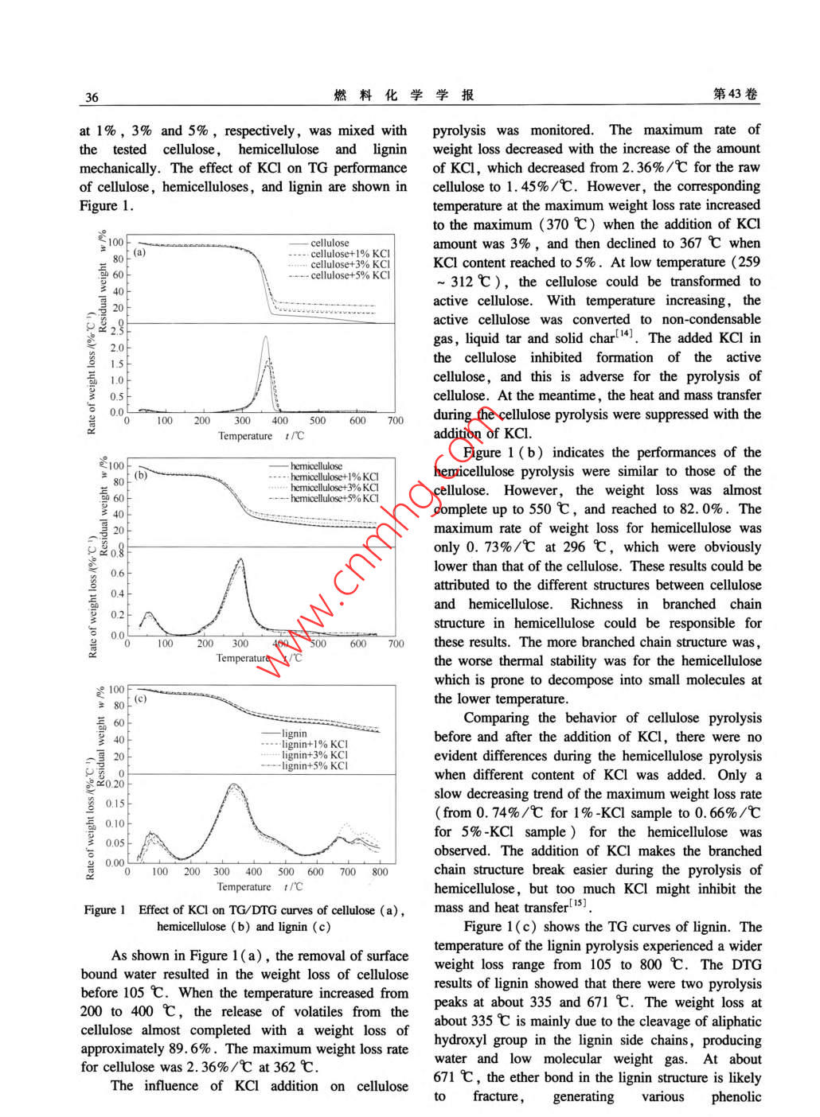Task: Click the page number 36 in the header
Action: (92, 97)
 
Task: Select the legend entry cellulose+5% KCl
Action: (349, 275)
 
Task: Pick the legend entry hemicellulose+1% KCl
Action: (334, 477)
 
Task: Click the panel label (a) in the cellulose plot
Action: (140, 252)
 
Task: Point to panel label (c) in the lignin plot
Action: (140, 699)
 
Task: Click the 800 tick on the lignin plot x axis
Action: (380, 872)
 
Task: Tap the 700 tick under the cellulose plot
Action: (396, 421)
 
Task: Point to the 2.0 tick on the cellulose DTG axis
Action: (117, 348)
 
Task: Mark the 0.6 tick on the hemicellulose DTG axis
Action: (117, 573)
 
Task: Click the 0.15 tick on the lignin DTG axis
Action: (115, 804)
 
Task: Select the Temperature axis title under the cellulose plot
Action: (245, 436)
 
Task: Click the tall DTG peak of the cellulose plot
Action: (266, 338)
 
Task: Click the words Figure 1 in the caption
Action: (105, 910)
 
